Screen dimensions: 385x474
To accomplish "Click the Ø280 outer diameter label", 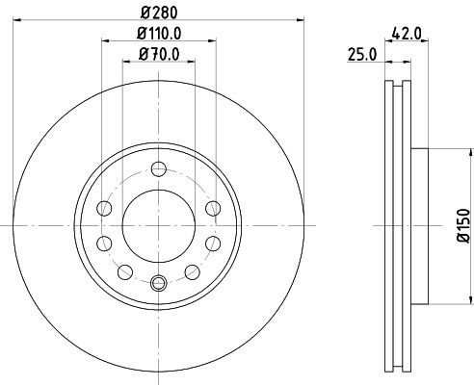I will (158, 13).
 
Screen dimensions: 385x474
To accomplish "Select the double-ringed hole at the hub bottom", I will (159, 282).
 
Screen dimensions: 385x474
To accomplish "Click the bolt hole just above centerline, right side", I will (212, 208).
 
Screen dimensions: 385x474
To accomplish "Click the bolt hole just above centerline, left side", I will (106, 208).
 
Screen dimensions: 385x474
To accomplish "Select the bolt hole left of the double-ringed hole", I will (125, 269).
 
